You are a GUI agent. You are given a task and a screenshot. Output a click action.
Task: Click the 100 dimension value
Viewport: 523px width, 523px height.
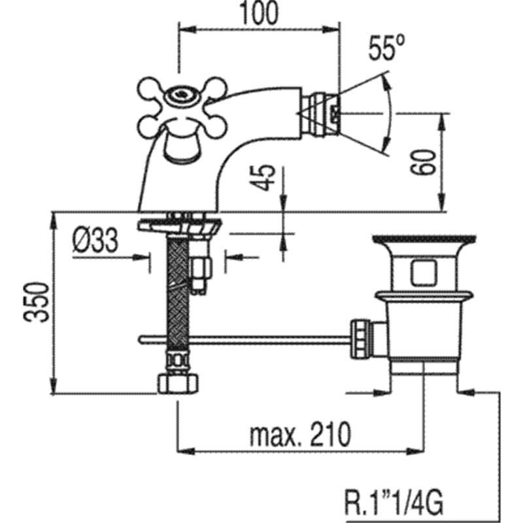pyautogui.click(x=259, y=13)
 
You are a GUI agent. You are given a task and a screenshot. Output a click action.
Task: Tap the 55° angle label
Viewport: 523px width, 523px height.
pyautogui.click(x=386, y=48)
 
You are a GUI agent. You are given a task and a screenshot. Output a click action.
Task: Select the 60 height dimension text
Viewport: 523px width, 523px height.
pyautogui.click(x=423, y=161)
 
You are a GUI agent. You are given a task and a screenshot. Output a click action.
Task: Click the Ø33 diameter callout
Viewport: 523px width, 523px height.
pyautogui.click(x=95, y=240)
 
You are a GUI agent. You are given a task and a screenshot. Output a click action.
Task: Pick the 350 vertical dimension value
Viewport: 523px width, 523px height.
pyautogui.click(x=36, y=302)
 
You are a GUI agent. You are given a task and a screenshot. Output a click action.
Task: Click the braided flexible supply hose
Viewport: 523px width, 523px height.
pyautogui.click(x=177, y=294)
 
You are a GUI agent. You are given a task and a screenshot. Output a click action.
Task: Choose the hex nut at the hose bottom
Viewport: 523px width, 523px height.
pyautogui.click(x=177, y=384)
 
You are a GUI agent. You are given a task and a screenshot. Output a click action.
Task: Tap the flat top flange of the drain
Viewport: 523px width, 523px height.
pyautogui.click(x=424, y=239)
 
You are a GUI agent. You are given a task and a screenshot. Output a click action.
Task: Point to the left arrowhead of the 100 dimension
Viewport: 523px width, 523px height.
pyautogui.click(x=187, y=29)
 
